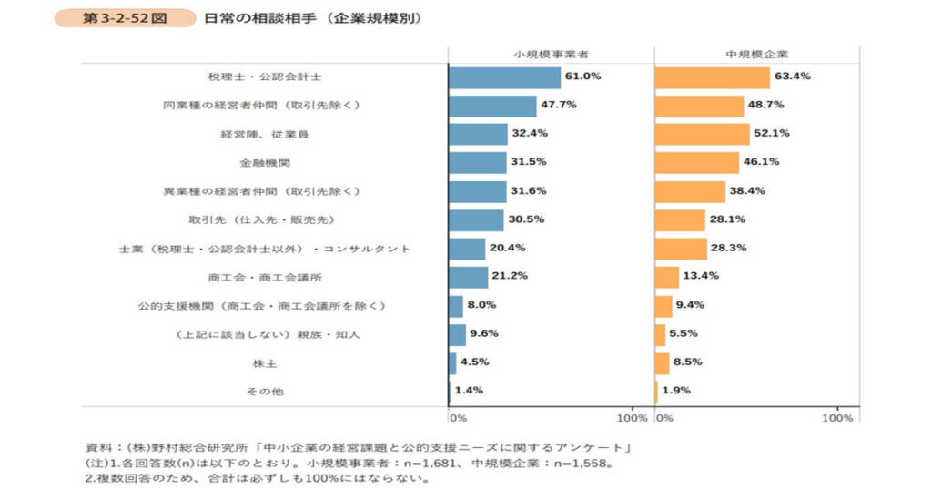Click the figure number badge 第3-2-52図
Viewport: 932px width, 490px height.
(x=125, y=18)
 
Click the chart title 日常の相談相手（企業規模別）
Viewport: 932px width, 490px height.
(x=312, y=18)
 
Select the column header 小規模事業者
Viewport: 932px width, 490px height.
(x=550, y=54)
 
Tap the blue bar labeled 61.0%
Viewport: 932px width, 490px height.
(x=504, y=77)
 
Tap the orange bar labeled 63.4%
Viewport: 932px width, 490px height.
(x=713, y=77)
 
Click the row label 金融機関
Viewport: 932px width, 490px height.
(x=265, y=162)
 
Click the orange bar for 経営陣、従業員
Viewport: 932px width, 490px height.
(x=702, y=134)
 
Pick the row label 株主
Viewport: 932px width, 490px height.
(x=265, y=362)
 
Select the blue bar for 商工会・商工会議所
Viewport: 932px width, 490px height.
(x=469, y=276)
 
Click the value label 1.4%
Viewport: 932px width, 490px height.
(x=469, y=390)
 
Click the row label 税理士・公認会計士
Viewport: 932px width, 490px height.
(x=265, y=77)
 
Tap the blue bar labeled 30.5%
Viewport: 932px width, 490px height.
(x=476, y=219)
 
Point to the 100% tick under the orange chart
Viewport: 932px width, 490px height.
(x=837, y=418)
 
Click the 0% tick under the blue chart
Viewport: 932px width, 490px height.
(x=458, y=418)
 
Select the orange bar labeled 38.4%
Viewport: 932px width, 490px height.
(x=690, y=191)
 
